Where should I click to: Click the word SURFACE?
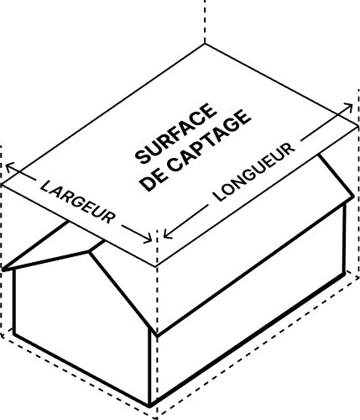176,134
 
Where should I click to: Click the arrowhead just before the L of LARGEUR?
9,167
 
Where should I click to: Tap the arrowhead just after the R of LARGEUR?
149,239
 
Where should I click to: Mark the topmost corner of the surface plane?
205,44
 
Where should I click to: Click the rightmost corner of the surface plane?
358,126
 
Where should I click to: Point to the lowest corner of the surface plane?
155,266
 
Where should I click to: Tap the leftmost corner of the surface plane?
2,184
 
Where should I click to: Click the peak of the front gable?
89,252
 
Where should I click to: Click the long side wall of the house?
249,302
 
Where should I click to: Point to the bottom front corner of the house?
150,406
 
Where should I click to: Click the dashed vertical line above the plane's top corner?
205,21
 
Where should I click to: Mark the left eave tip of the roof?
3,270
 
